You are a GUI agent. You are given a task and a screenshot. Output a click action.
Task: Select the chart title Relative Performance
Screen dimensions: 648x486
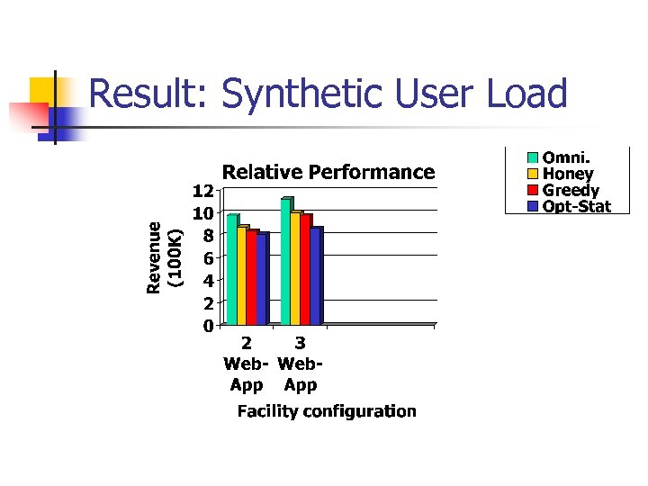pyautogui.click(x=328, y=172)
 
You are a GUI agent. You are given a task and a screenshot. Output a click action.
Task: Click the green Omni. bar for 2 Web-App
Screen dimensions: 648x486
pyautogui.click(x=231, y=270)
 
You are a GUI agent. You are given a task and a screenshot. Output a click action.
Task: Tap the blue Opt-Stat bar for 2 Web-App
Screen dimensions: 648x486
pyautogui.click(x=262, y=279)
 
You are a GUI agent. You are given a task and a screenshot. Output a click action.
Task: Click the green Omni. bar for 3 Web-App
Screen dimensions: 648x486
pyautogui.click(x=285, y=261)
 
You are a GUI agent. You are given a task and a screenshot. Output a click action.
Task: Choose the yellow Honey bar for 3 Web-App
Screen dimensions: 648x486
pyautogui.click(x=295, y=268)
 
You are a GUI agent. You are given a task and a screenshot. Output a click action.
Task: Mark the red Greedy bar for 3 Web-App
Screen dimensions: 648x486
pyautogui.click(x=305, y=269)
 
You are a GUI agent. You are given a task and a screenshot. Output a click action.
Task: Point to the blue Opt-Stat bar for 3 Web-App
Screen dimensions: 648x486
pyautogui.click(x=316, y=275)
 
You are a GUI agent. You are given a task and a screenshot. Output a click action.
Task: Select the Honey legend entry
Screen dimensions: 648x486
pyautogui.click(x=568, y=175)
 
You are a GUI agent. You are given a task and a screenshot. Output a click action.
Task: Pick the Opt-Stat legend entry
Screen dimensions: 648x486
pyautogui.click(x=576, y=207)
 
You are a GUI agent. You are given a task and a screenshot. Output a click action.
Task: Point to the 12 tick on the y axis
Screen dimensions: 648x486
pyautogui.click(x=202, y=191)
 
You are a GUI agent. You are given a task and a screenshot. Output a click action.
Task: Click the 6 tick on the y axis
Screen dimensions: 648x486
pyautogui.click(x=207, y=258)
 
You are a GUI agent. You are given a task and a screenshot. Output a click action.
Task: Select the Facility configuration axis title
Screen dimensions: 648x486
pyautogui.click(x=327, y=411)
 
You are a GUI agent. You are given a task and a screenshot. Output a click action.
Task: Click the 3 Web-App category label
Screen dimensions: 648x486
pyautogui.click(x=301, y=364)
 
